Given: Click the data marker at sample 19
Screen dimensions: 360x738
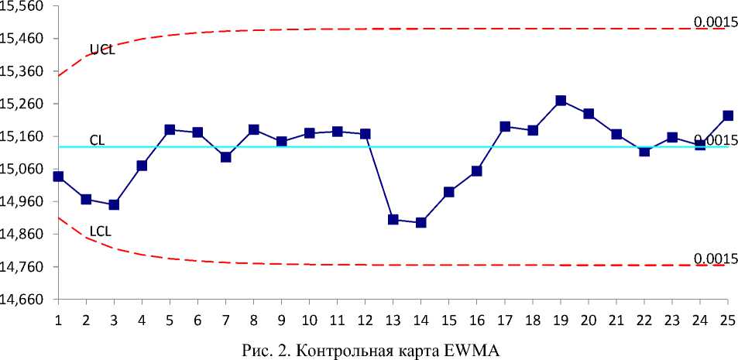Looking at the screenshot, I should (561, 101).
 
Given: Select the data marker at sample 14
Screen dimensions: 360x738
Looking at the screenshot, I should (421, 222).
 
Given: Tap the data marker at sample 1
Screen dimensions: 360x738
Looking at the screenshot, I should (59, 177).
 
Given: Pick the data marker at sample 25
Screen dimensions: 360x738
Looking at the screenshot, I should (728, 115).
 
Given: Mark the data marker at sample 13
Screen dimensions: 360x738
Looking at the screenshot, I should (393, 220).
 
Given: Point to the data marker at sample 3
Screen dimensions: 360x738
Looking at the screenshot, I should (114, 204).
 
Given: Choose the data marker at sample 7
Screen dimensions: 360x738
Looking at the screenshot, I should (226, 157).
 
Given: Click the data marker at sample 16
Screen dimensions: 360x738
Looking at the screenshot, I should (477, 170).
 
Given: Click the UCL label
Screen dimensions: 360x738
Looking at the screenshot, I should (102, 50).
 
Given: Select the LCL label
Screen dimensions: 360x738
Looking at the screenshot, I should (101, 231).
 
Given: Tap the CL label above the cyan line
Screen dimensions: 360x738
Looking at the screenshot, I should (97, 140).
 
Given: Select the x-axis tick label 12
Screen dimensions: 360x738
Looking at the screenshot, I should (366, 319).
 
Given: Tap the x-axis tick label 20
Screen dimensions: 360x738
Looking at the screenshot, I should (589, 319).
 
